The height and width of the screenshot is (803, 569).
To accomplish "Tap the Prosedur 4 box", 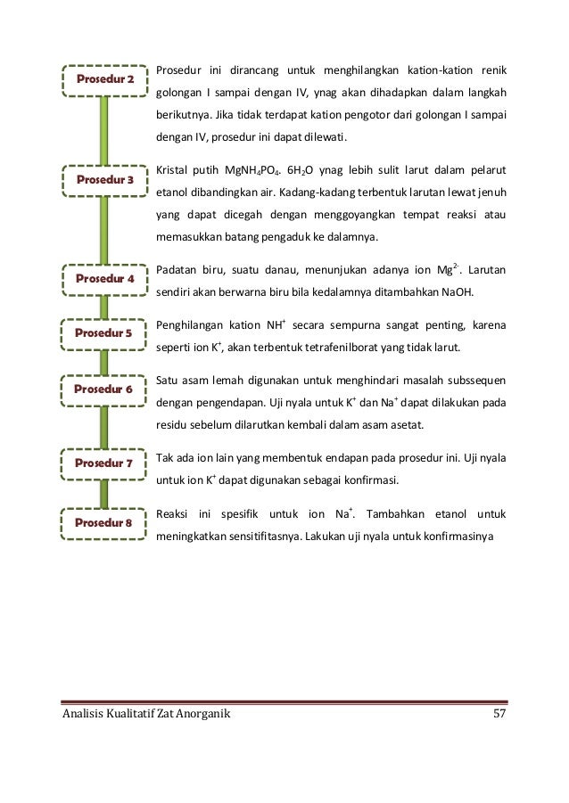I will (104, 279).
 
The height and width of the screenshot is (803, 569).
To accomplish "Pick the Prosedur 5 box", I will (104, 333).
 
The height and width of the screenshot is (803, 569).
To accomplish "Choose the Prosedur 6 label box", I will (104, 389).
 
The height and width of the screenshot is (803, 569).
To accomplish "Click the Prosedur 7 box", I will (104, 463).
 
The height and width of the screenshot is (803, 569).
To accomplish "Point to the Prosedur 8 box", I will (104, 522).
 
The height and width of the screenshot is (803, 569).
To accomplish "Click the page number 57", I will (500, 715).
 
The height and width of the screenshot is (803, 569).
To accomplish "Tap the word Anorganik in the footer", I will (202, 715).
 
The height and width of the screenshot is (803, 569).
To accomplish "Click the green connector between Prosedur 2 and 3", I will (104, 130).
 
